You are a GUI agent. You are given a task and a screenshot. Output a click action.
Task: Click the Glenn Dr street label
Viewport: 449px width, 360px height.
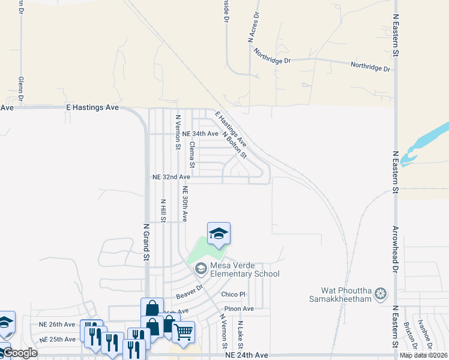tap(20, 88)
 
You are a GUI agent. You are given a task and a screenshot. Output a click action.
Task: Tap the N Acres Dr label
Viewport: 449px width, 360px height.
tap(253, 27)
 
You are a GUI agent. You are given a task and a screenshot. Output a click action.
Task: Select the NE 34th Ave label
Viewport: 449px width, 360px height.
tap(200, 133)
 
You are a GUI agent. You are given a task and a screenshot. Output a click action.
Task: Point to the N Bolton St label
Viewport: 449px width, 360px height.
tap(235, 145)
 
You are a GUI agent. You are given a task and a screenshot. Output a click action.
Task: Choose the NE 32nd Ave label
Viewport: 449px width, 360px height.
tap(171, 177)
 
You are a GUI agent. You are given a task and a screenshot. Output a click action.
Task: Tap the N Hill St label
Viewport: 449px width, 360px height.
tap(163, 210)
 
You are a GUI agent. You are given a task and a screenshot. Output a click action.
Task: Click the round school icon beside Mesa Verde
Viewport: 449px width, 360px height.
tap(200, 269)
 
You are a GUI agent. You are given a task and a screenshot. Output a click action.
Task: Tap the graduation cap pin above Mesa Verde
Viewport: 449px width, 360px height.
tap(218, 233)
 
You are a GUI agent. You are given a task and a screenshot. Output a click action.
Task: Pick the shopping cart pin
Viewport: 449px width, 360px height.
tap(183, 331)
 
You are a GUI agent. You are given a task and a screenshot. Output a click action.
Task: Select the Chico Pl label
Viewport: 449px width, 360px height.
tap(234, 294)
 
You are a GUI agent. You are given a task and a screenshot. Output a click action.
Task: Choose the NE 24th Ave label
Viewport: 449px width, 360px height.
tap(246, 355)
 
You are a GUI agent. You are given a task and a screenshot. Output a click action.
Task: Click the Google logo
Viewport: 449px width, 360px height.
tap(19, 353)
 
